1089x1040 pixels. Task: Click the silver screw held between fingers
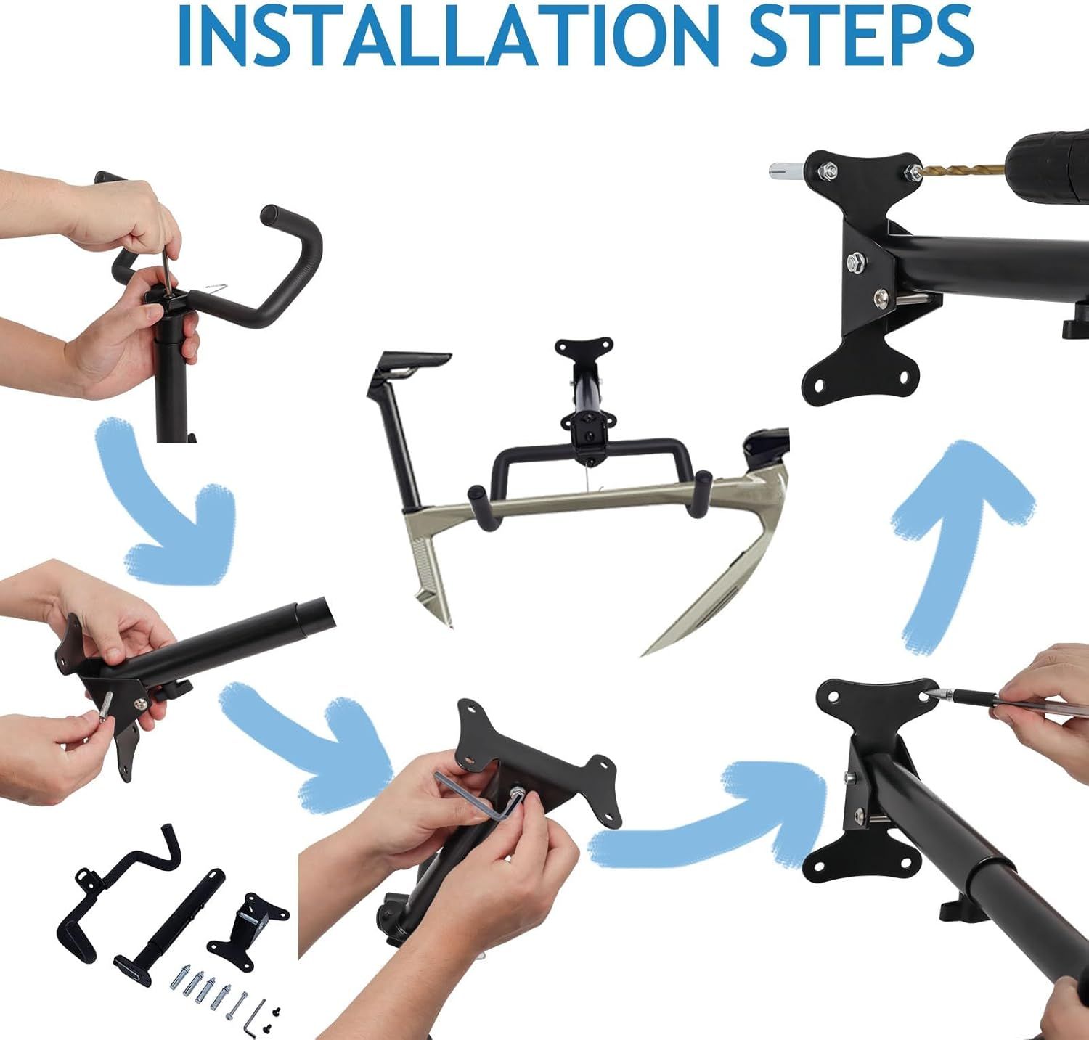point(105,705)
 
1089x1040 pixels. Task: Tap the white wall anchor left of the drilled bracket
point(788,171)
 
